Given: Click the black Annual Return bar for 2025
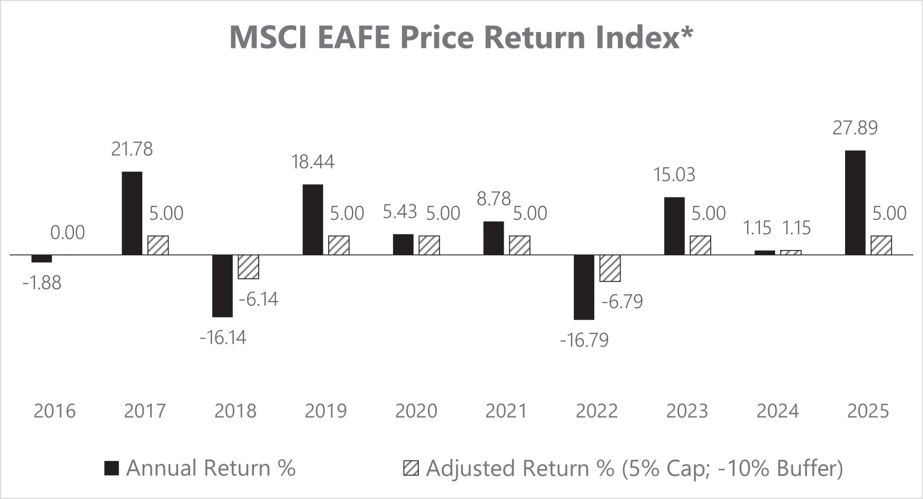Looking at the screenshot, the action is click(x=855, y=203).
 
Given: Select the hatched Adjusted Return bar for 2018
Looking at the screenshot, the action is click(x=248, y=267).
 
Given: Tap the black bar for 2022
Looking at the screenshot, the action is click(x=584, y=287).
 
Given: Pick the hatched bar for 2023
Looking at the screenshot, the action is click(x=700, y=245).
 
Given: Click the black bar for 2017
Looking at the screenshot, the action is click(x=132, y=213).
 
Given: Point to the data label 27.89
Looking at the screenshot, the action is click(x=855, y=128).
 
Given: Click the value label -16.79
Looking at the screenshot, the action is click(x=584, y=340).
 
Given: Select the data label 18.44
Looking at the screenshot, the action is click(x=313, y=162).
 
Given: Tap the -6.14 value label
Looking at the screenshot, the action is click(x=258, y=300).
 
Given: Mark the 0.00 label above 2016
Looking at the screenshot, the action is click(x=67, y=233).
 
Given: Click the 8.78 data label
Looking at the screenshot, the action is click(x=494, y=198).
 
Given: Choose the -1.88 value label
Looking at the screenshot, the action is click(x=42, y=283).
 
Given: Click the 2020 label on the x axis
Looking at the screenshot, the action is click(x=416, y=411).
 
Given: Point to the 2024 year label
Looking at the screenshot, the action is click(x=778, y=411).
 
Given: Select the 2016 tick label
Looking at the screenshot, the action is click(x=55, y=411).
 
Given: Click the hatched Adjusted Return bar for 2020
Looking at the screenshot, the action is click(x=429, y=245).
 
